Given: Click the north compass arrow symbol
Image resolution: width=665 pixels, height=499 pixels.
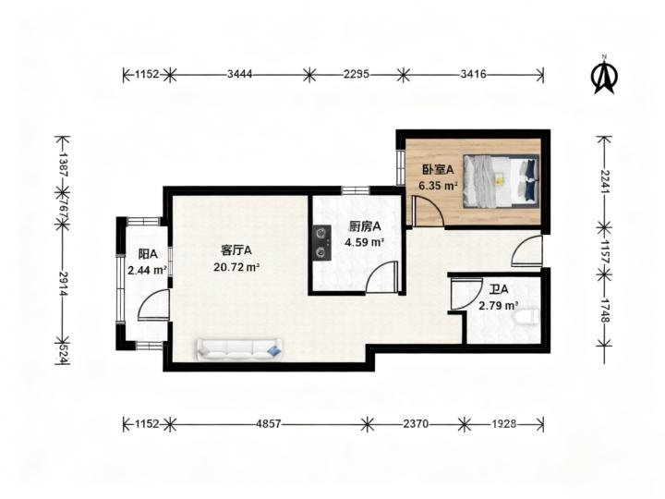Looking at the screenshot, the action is tap(604, 77).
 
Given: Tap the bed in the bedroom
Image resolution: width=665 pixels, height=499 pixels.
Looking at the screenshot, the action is tap(501, 181).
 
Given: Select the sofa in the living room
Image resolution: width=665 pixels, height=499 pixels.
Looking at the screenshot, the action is tap(239, 349).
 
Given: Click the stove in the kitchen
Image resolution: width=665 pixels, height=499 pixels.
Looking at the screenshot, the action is tap(322, 242).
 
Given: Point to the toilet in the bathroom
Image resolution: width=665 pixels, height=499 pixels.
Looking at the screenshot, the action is tap(526, 317).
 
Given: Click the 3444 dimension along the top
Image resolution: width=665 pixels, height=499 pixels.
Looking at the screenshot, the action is tap(239, 74).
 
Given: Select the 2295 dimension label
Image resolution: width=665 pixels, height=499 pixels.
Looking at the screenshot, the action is tap(357, 74).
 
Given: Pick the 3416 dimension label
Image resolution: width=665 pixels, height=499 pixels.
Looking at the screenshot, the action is tap(473, 74).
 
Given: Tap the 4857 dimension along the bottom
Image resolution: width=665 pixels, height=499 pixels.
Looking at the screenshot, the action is tap(268, 423).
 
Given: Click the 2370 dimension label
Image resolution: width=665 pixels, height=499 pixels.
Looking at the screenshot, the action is tap(416, 423).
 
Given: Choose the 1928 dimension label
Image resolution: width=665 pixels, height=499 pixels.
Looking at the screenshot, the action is tap(504, 423).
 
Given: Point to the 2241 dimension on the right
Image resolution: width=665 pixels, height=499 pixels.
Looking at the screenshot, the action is tap(605, 182).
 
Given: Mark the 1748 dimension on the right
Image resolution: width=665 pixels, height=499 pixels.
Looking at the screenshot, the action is tap(605, 310).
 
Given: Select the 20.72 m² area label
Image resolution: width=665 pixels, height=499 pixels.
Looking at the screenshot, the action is tap(236, 267).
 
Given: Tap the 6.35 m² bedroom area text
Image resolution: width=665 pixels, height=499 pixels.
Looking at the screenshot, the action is tap(438, 186).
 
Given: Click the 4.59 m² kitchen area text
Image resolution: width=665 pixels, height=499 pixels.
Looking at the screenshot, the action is tap(364, 243).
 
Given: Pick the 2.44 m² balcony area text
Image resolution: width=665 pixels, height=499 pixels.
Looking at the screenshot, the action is tap(147, 270).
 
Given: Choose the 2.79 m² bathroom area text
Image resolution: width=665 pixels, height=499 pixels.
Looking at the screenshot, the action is tap(499, 306).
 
